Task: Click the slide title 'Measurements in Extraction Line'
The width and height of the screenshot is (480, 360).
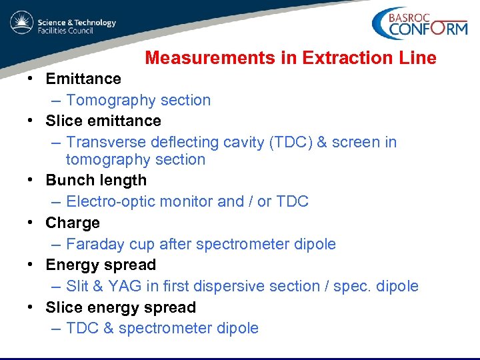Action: [x=291, y=58]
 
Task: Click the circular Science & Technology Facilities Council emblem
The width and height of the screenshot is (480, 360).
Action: [x=21, y=23]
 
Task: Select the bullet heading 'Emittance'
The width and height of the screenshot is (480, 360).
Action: [x=83, y=79]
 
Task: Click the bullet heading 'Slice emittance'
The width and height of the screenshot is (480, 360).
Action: [x=103, y=121]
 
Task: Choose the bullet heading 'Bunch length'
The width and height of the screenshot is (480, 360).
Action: [x=96, y=180]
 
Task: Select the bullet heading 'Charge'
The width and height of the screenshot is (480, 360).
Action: [x=73, y=223]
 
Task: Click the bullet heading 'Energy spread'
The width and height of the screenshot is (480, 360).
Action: [x=101, y=265]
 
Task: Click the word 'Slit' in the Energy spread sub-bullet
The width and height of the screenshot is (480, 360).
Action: [x=79, y=286]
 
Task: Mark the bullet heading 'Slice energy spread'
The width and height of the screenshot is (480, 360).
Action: [x=121, y=307]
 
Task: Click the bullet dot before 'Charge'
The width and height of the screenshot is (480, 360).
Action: [x=31, y=223]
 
